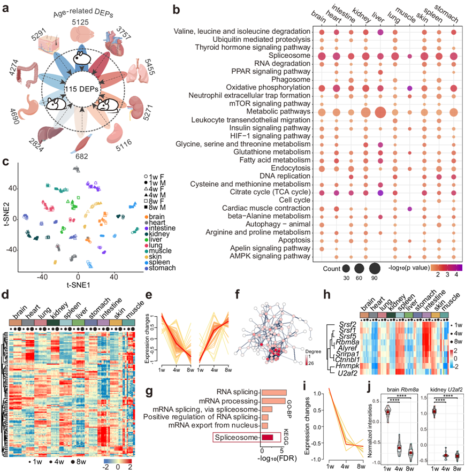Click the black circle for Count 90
coord(374,267)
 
